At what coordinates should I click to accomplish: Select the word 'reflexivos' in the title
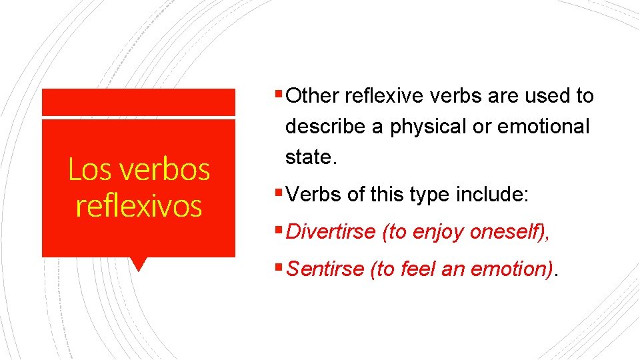(x=139, y=205)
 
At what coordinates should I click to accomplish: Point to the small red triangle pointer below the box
(x=139, y=264)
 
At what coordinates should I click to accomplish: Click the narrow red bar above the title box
(x=139, y=102)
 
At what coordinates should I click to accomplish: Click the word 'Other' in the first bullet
(x=315, y=96)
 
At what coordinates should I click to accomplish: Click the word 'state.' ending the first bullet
(x=309, y=157)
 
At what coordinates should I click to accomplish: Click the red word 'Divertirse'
(x=331, y=232)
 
